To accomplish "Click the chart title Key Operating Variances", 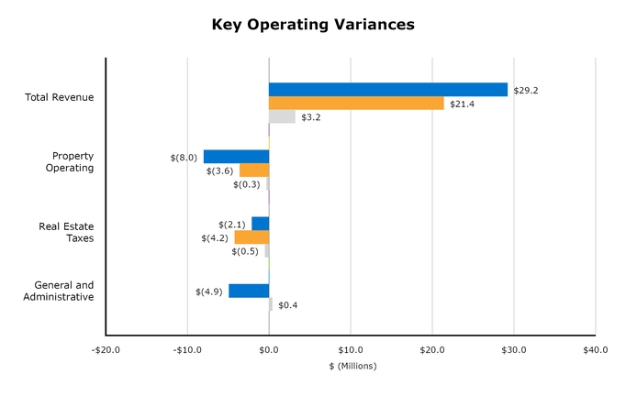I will click(313, 25).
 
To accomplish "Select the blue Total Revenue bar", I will click(387, 90).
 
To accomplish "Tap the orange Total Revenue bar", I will click(356, 104).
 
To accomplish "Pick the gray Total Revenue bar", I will click(282, 117).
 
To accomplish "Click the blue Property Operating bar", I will click(236, 157).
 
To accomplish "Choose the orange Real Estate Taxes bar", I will click(252, 237).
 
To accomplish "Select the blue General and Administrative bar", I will click(249, 291).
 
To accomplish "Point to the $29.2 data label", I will click(525, 91).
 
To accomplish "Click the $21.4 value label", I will click(462, 104).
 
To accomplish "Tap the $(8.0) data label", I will click(184, 158).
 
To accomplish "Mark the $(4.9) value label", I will click(209, 291).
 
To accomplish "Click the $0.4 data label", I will click(287, 305).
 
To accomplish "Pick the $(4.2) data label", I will click(215, 238).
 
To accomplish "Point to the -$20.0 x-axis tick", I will click(106, 349).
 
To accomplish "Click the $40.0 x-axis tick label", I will click(595, 349).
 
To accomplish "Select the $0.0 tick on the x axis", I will click(269, 349).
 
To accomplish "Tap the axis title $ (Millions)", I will click(352, 366).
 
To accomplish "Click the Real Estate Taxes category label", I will click(66, 232).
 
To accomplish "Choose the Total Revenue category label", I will click(60, 97).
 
